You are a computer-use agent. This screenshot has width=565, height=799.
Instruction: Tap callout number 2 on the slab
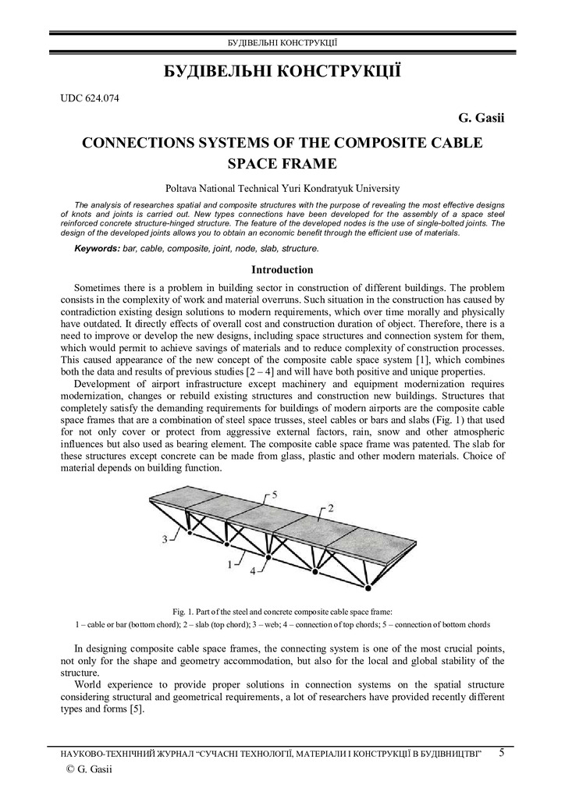pos(330,508)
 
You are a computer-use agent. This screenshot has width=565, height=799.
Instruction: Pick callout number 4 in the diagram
pos(252,570)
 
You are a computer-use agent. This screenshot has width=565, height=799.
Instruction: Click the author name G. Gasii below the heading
pos(481,118)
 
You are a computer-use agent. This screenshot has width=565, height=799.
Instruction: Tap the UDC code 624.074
pos(90,98)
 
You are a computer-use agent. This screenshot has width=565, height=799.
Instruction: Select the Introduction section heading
pos(282,270)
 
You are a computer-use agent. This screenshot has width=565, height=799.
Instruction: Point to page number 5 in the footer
pos(502,752)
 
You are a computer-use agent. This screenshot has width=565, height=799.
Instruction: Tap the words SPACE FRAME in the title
pos(282,164)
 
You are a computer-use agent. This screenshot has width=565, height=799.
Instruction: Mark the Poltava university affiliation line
pos(282,188)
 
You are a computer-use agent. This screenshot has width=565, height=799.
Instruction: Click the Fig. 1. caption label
pos(183,611)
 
